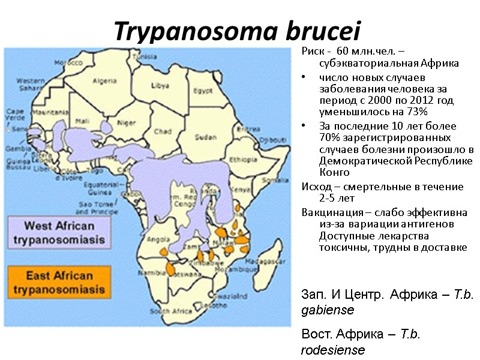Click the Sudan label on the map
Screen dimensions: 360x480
tap(206, 137)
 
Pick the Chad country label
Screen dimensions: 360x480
tap(163, 131)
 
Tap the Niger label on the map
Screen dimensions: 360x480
tap(126, 124)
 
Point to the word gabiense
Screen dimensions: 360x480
tap(328, 310)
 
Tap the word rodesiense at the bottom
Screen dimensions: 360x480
tap(333, 350)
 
